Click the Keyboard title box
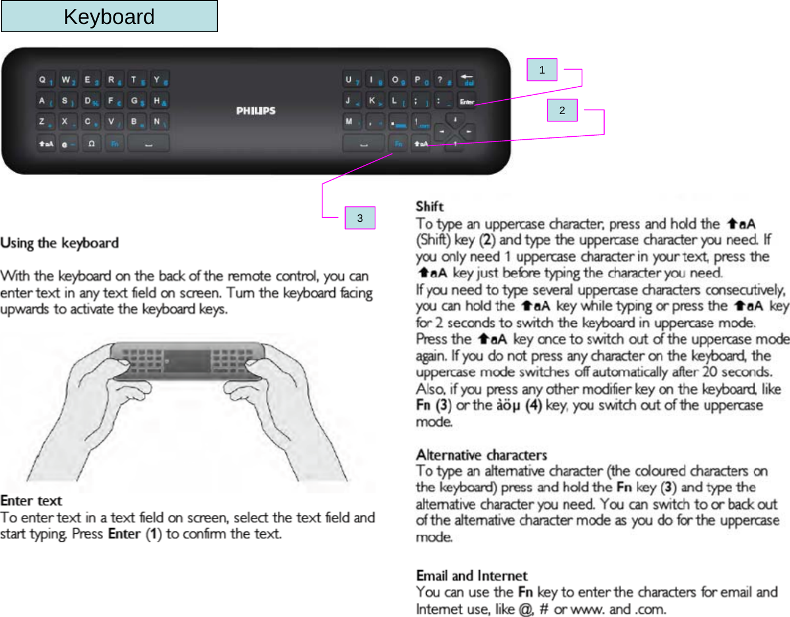coord(109,17)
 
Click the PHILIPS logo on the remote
coord(256,111)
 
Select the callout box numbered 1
coord(541,70)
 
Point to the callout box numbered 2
coord(562,111)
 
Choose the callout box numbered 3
coord(359,218)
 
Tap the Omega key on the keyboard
coord(91,144)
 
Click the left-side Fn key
coord(115,144)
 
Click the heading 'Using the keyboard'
coord(60,243)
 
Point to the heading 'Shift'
coord(430,206)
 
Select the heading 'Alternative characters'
coord(481,455)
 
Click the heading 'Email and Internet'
coord(472,575)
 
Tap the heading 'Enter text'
coord(31,501)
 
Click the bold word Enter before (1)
coord(124,534)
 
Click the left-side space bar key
coord(148,144)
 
